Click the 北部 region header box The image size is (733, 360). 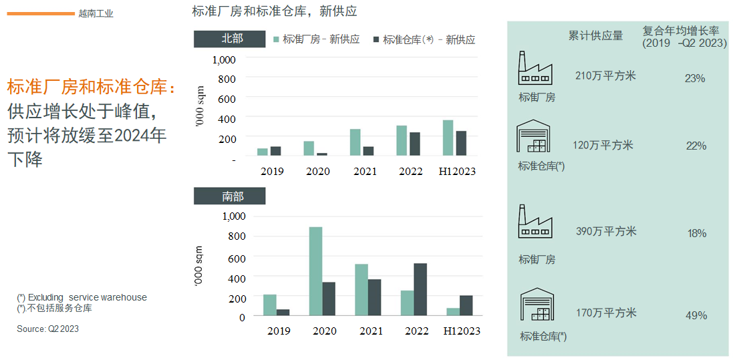coord(229,39)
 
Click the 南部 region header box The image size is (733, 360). coord(229,196)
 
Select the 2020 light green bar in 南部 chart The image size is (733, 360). coord(315,271)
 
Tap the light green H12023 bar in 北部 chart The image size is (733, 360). coord(448,138)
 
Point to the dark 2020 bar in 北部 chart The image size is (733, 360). coord(322,154)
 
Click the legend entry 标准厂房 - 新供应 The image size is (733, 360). coord(317,39)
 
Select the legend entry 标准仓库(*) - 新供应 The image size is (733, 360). coord(424,39)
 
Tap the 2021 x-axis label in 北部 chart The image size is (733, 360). coord(364,172)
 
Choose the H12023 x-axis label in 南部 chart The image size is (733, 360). coord(462,331)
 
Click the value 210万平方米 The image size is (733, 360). coord(605,75)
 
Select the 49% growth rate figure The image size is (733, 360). coord(696,315)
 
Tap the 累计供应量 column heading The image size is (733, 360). coord(595,35)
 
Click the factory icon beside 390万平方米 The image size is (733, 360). coord(536,222)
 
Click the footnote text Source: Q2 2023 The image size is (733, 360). coord(48,329)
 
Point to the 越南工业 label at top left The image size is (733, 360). coord(96,13)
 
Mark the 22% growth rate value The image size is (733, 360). coord(696,146)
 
